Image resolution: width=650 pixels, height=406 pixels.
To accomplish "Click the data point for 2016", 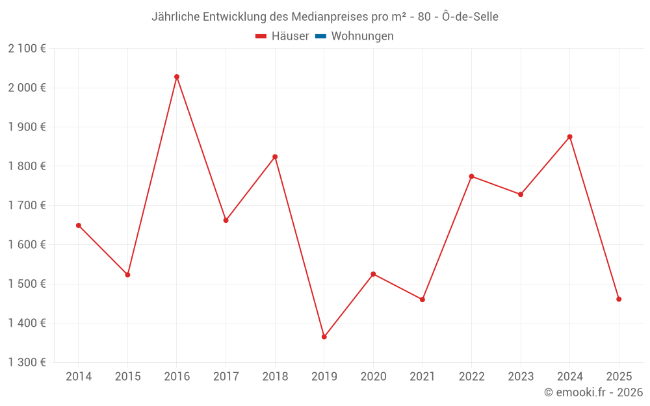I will coord(177,77).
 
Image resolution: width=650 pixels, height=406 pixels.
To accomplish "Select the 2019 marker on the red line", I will coord(324,336).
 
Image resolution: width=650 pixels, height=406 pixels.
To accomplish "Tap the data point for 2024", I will coord(570,136).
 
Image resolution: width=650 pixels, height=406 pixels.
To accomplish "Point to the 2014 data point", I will coord(79,225).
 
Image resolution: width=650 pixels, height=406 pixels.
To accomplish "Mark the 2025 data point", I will coord(619,299).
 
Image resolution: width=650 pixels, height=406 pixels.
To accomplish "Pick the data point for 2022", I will coord(471,176).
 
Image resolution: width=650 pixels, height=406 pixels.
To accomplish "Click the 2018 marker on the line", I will coord(275,157).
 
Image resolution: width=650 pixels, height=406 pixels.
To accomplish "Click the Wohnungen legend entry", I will coord(362,36).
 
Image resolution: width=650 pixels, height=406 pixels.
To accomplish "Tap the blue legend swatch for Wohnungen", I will coord(320,36).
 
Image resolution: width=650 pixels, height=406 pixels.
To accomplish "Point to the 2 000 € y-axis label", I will coord(27,88).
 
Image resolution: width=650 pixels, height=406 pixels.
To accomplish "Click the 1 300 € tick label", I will coord(27,362).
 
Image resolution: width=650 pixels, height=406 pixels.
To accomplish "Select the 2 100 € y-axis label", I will coord(27,49).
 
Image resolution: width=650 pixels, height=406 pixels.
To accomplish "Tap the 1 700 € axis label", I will coord(27,205).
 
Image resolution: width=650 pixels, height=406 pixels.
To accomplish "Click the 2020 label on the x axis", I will coord(373,376).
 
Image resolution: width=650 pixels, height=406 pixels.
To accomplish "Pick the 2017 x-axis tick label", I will coord(226,376).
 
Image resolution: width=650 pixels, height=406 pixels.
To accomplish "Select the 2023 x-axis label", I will coord(521,376).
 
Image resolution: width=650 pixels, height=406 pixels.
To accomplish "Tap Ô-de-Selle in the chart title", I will coord(470,17).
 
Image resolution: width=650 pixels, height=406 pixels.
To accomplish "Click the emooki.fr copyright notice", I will coord(593,392).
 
